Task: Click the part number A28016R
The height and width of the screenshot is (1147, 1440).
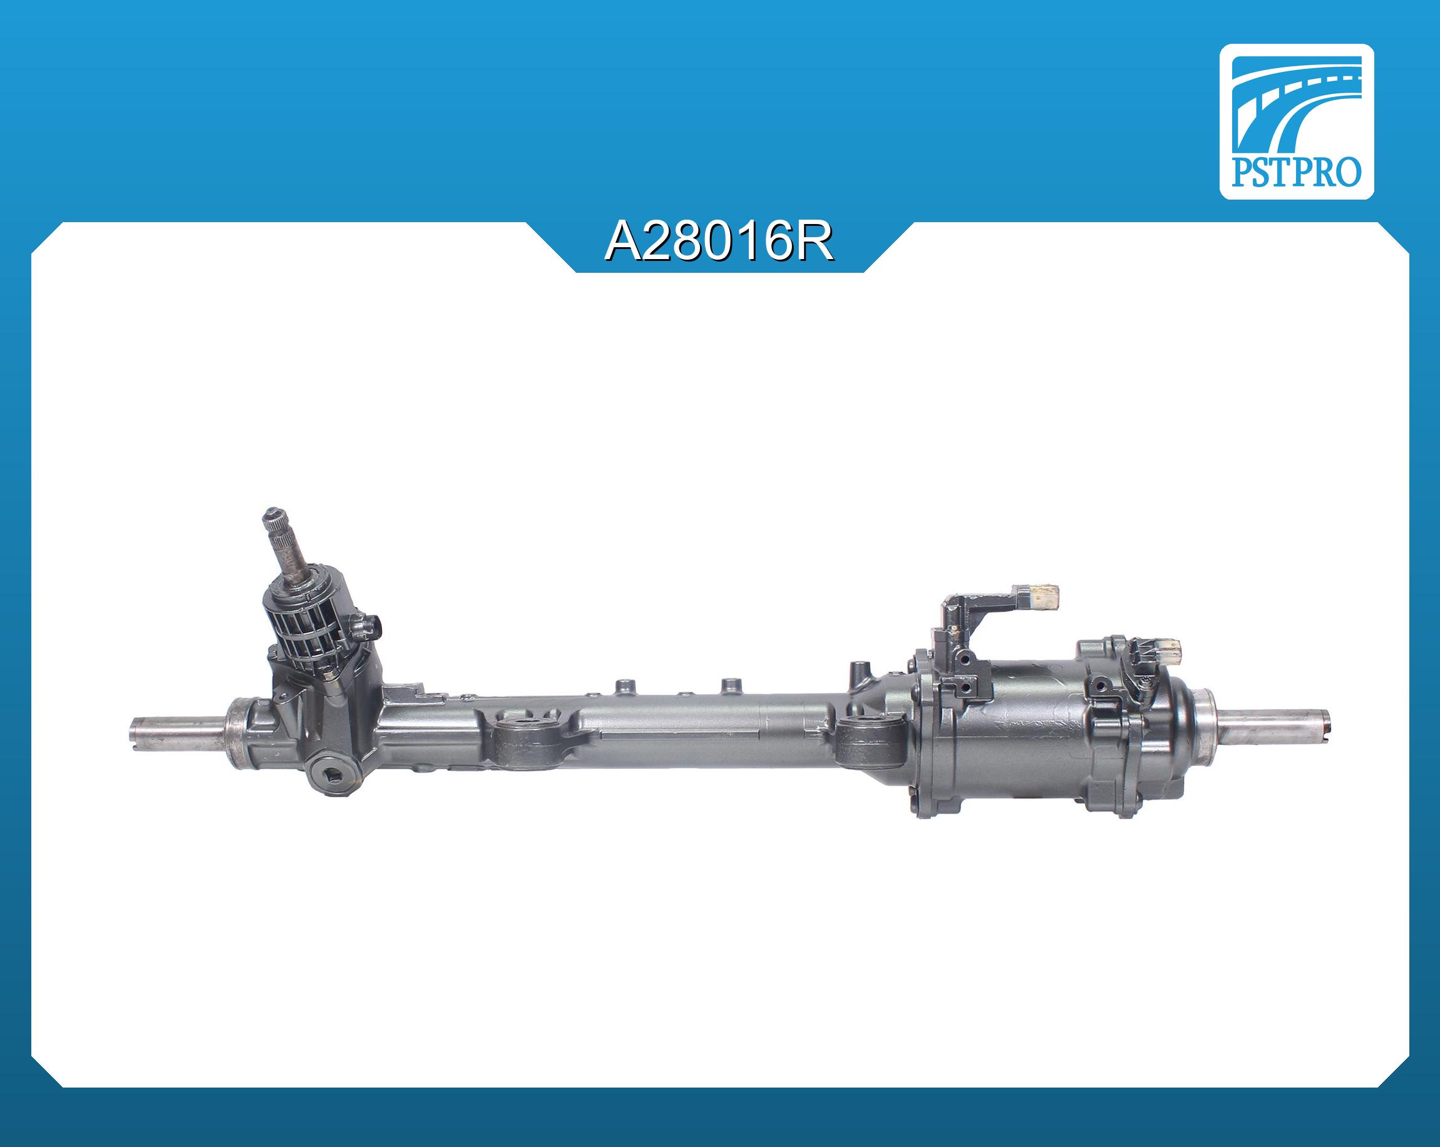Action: click(x=719, y=242)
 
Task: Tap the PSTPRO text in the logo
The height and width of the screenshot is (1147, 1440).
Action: click(x=1297, y=173)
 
